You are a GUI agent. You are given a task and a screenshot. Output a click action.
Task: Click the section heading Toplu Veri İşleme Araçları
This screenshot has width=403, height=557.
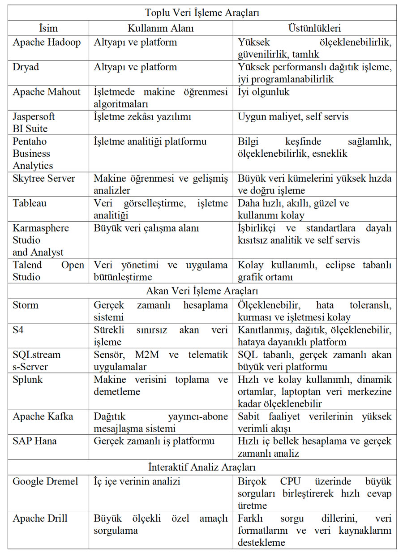pyautogui.click(x=202, y=13)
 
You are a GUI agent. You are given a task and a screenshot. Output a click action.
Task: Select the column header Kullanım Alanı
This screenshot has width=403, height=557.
pyautogui.click(x=160, y=28)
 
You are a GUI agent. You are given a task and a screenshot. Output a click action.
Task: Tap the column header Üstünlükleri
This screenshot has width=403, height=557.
pyautogui.click(x=314, y=28)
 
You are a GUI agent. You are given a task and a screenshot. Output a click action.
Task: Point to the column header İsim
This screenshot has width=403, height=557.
pyautogui.click(x=48, y=28)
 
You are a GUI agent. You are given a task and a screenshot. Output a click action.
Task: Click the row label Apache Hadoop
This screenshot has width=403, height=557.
pyautogui.click(x=47, y=43)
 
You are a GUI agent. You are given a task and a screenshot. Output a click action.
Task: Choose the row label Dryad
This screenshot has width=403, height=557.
pyautogui.click(x=26, y=67)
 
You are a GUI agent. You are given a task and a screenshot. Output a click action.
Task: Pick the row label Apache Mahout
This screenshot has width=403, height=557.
pyautogui.click(x=47, y=92)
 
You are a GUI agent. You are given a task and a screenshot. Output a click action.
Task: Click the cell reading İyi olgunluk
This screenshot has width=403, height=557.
pyautogui.click(x=264, y=92)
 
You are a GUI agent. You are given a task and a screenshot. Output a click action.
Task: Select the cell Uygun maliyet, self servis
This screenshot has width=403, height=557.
pyautogui.click(x=293, y=117)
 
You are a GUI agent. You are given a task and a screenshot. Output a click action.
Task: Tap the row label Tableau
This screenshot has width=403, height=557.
pyautogui.click(x=30, y=203)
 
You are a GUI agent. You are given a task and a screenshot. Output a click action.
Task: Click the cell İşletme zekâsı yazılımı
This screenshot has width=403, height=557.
pyautogui.click(x=142, y=117)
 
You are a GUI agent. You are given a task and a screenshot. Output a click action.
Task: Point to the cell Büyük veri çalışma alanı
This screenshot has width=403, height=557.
pyautogui.click(x=146, y=228)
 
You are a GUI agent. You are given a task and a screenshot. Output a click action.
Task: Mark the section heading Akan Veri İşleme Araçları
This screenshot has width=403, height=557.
pyautogui.click(x=202, y=291)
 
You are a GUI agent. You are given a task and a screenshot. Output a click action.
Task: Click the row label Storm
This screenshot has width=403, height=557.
pyautogui.click(x=26, y=305)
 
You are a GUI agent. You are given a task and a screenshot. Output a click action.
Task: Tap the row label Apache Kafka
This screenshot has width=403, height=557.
pyautogui.click(x=43, y=416)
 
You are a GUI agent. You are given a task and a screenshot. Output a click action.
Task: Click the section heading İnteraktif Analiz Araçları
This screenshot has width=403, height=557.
pyautogui.click(x=202, y=467)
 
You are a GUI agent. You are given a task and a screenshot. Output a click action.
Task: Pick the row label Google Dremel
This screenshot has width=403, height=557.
pyautogui.click(x=45, y=482)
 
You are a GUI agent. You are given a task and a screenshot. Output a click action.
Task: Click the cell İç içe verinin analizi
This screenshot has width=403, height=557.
pyautogui.click(x=137, y=482)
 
